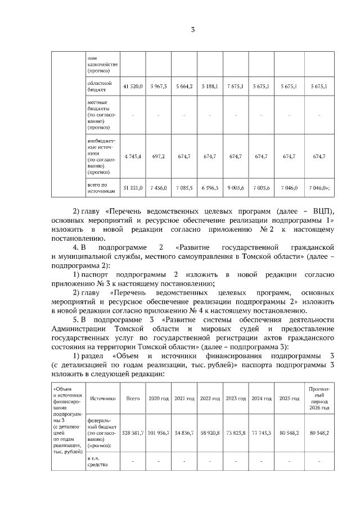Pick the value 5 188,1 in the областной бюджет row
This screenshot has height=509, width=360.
pyautogui.click(x=209, y=86)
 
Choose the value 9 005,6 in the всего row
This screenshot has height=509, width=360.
pyautogui.click(x=235, y=187)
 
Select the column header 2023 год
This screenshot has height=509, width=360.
pyautogui.click(x=235, y=398)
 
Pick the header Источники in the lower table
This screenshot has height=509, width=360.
pyautogui.click(x=102, y=398)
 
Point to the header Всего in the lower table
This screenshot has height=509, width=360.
pyautogui.click(x=133, y=398)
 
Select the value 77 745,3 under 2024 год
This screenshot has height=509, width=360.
pyautogui.click(x=261, y=434)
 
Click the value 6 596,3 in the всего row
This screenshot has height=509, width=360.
pyautogui.click(x=209, y=187)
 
